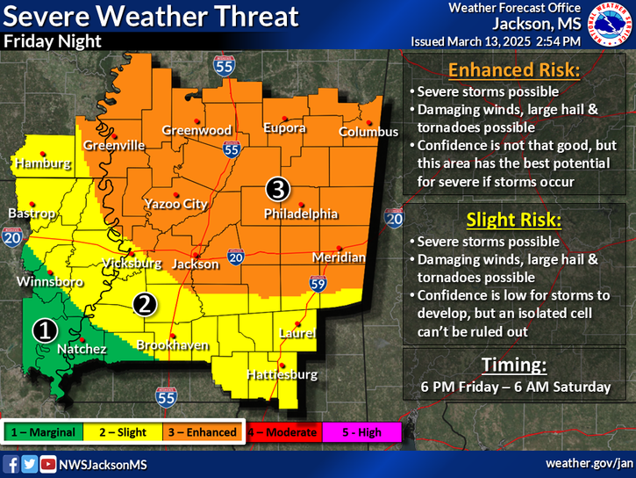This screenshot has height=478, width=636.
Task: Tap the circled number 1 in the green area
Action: click(45, 330)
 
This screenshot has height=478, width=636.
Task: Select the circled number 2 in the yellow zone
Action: click(145, 304)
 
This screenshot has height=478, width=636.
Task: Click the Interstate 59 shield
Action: click(318, 283)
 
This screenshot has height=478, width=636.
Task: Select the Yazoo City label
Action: click(177, 204)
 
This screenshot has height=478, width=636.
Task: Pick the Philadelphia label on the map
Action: click(301, 214)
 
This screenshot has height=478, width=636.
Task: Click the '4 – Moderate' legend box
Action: click(280, 431)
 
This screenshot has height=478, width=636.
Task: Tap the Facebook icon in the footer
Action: click(12, 464)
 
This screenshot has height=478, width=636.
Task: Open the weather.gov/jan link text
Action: click(589, 463)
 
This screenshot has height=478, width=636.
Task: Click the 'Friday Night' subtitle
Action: click(52, 40)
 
